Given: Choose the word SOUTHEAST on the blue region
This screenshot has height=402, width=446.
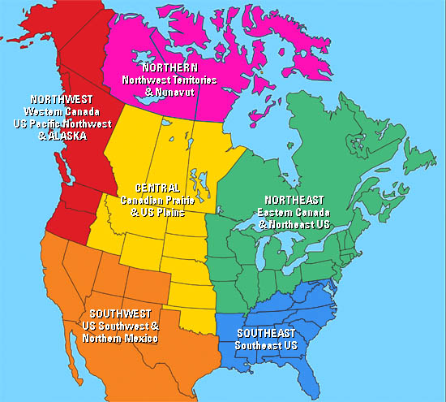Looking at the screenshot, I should click(266, 333).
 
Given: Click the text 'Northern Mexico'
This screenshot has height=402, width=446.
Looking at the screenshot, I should click(126, 338).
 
